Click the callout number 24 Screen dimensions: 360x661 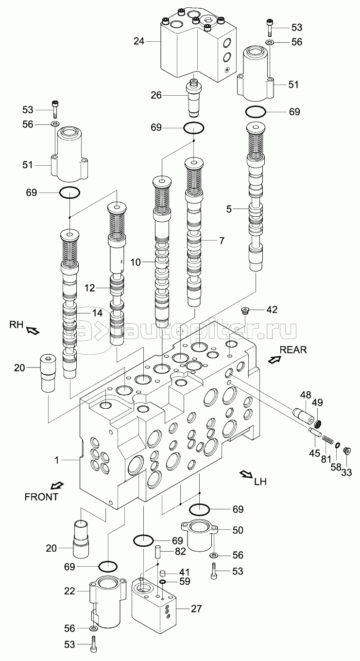(x=139, y=41)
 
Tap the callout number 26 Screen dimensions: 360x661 (x=156, y=95)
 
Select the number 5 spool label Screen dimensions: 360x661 (x=229, y=209)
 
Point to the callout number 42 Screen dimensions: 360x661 (x=272, y=310)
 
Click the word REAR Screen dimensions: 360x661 (x=293, y=350)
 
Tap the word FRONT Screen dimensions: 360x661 (x=41, y=497)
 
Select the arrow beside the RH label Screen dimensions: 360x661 (x=33, y=331)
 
